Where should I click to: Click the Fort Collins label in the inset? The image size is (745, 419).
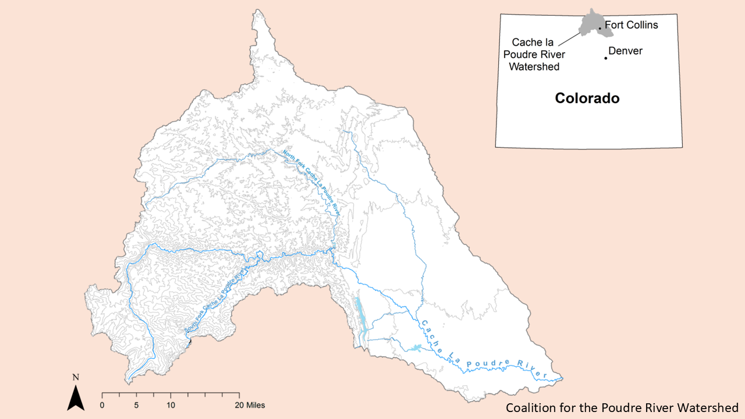coord(632,25)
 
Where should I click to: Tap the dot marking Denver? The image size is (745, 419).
coord(606,58)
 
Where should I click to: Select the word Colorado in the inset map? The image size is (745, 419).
coord(587,98)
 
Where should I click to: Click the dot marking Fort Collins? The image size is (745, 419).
coord(600,28)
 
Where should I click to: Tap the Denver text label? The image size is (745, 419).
coord(626,51)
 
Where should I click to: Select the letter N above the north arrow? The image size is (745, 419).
coord(76,377)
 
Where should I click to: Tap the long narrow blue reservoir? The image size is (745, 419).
coord(359,317)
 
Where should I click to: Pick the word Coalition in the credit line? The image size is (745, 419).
coord(527,407)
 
